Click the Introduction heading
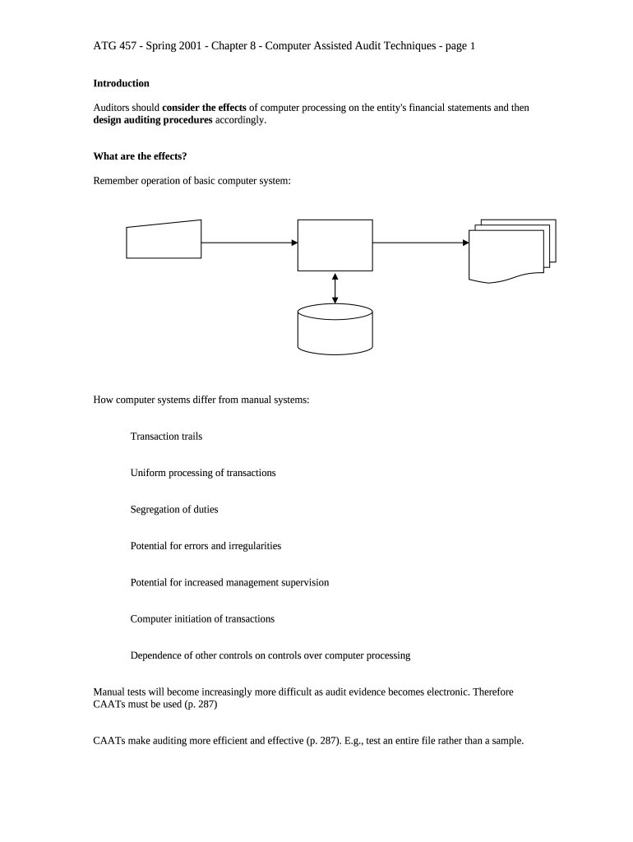coord(121,84)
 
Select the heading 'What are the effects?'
coord(134,156)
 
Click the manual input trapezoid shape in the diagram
coord(164,240)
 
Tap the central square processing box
coord(335,245)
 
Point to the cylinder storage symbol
coord(335,331)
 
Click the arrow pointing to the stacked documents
coord(420,243)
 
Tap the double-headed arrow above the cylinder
coord(335,288)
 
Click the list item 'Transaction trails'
coord(166,437)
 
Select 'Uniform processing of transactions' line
coord(203,473)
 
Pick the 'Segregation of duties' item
coord(174,510)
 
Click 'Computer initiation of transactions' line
coord(202,619)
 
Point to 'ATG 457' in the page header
coord(112,46)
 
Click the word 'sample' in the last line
coord(506,740)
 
